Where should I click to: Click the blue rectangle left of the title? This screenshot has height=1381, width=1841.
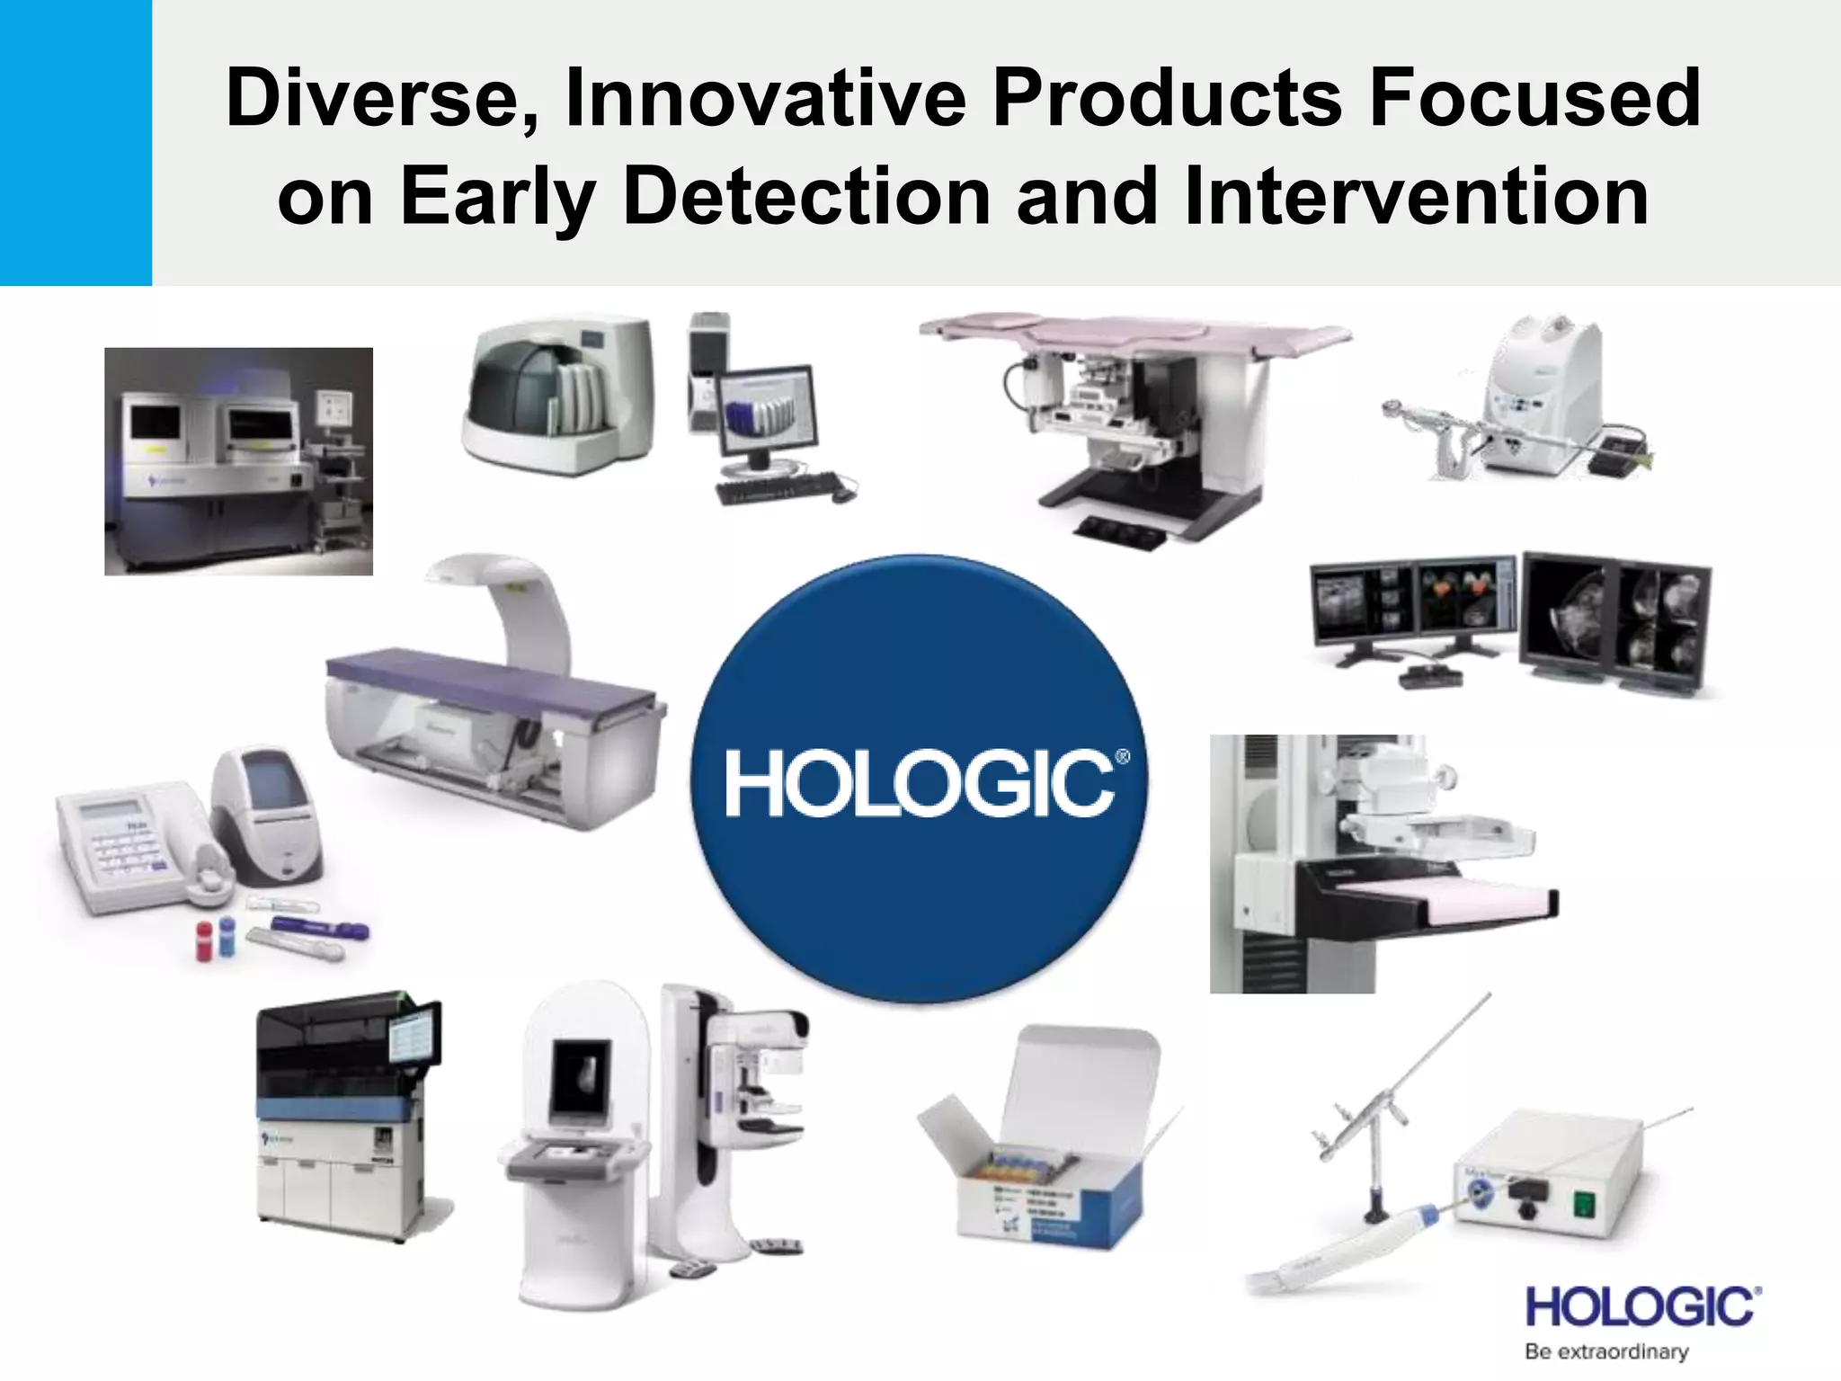76,142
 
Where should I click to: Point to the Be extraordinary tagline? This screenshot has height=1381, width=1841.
1606,1351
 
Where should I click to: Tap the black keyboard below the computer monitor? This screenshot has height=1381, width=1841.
778,488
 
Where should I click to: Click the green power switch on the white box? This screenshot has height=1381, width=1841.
1583,1202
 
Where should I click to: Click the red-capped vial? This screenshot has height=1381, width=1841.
204,939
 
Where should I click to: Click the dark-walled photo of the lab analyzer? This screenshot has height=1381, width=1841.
238,461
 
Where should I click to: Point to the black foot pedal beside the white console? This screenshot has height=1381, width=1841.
1614,459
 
